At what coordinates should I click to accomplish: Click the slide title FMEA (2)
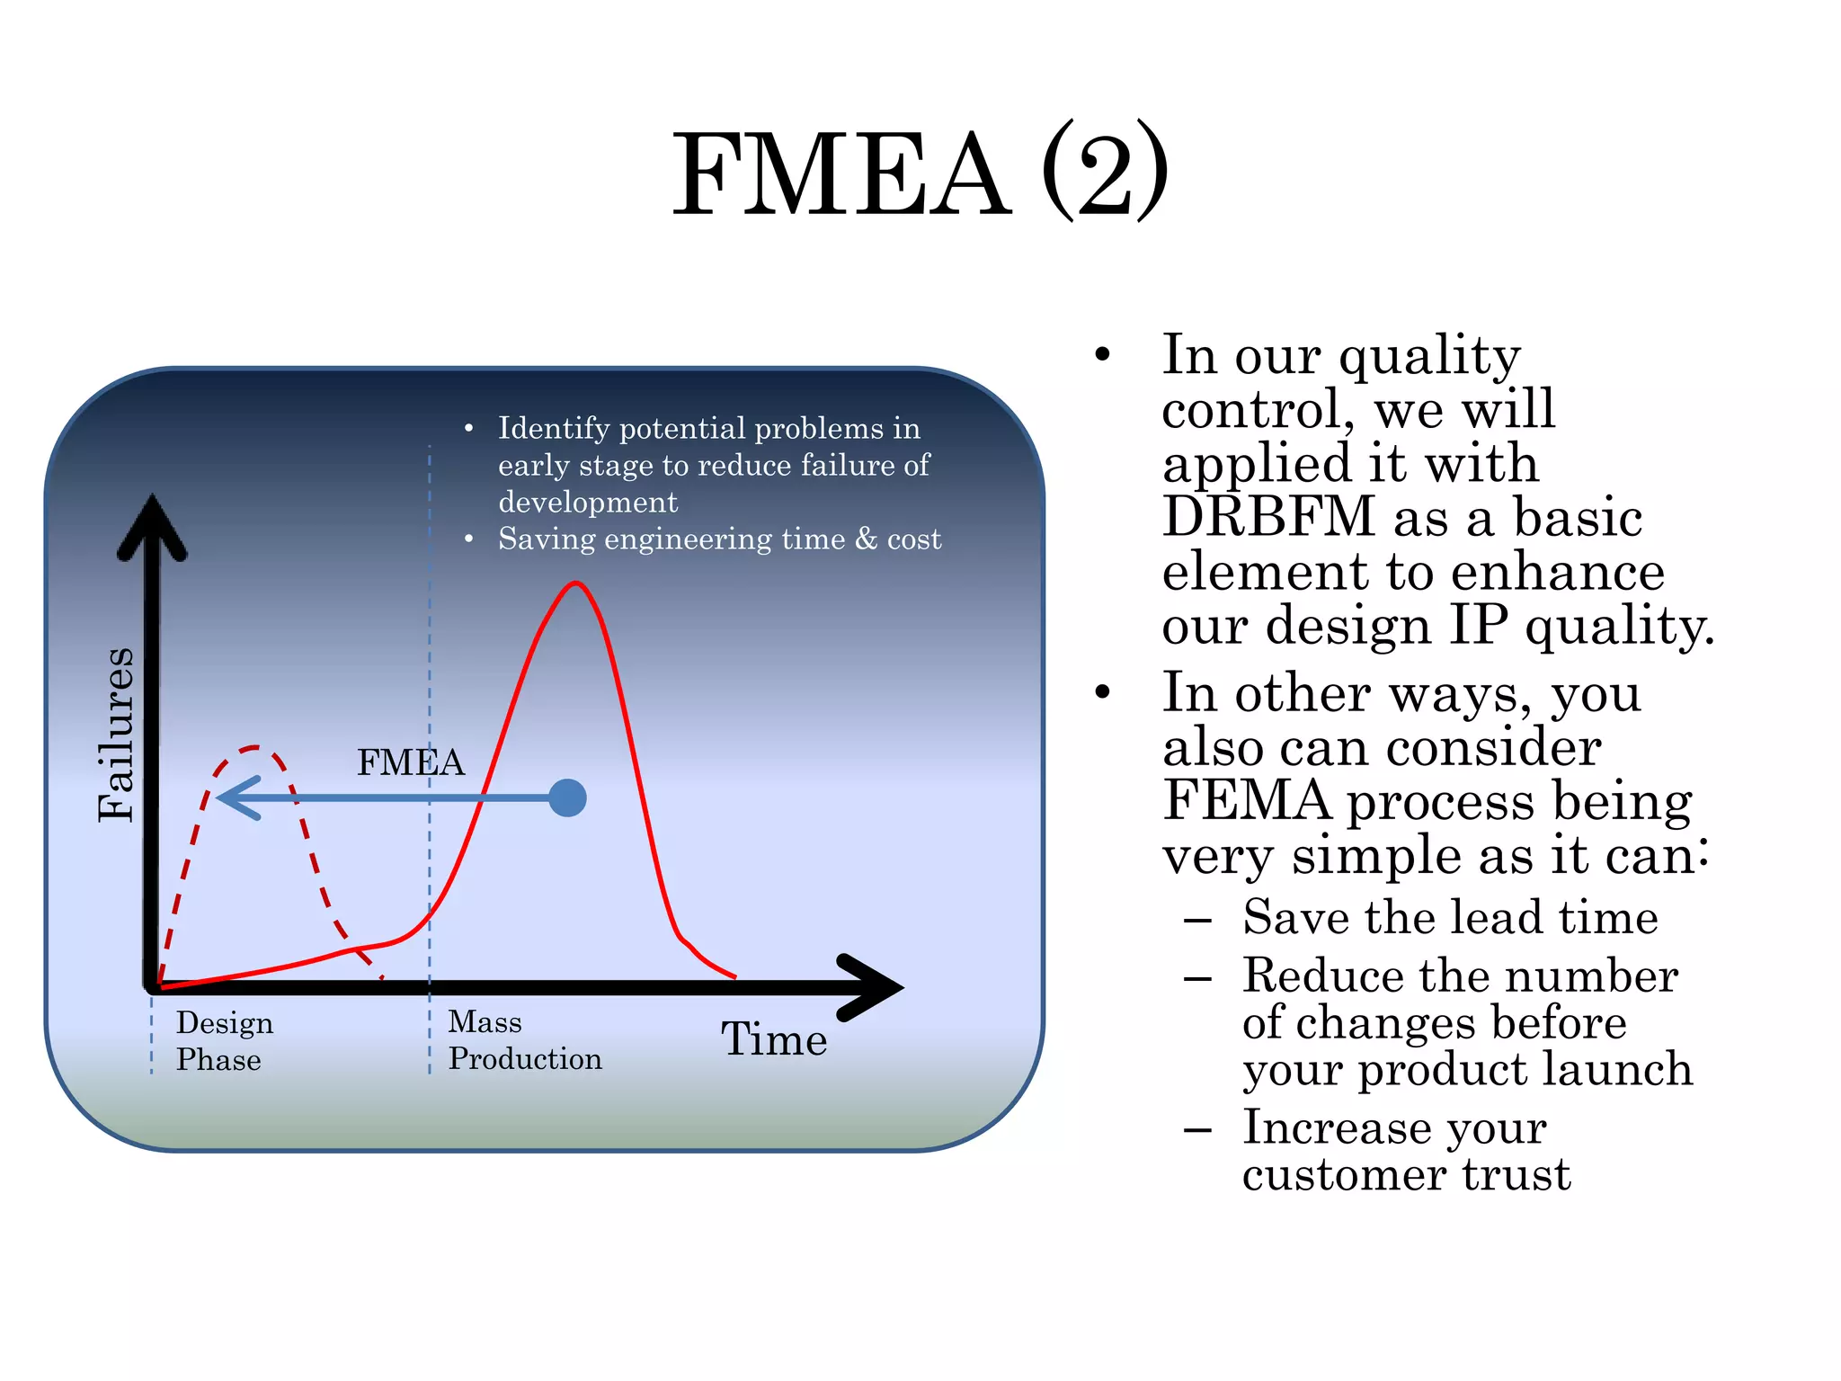click(920, 173)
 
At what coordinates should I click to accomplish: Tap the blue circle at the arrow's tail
click(567, 797)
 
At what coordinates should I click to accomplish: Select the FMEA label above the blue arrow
click(411, 762)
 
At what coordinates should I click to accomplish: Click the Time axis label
click(774, 1039)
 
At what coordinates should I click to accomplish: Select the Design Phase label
click(224, 1041)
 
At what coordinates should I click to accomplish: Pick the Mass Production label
click(524, 1040)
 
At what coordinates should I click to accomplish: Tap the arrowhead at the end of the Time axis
click(876, 987)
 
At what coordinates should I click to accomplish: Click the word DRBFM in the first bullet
click(1267, 517)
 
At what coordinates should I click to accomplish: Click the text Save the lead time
click(1449, 918)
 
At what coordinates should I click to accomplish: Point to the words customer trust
click(1406, 1174)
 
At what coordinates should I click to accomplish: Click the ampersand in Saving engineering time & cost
click(866, 539)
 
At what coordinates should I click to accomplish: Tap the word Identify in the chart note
click(554, 429)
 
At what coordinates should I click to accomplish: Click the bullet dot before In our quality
click(1103, 355)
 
